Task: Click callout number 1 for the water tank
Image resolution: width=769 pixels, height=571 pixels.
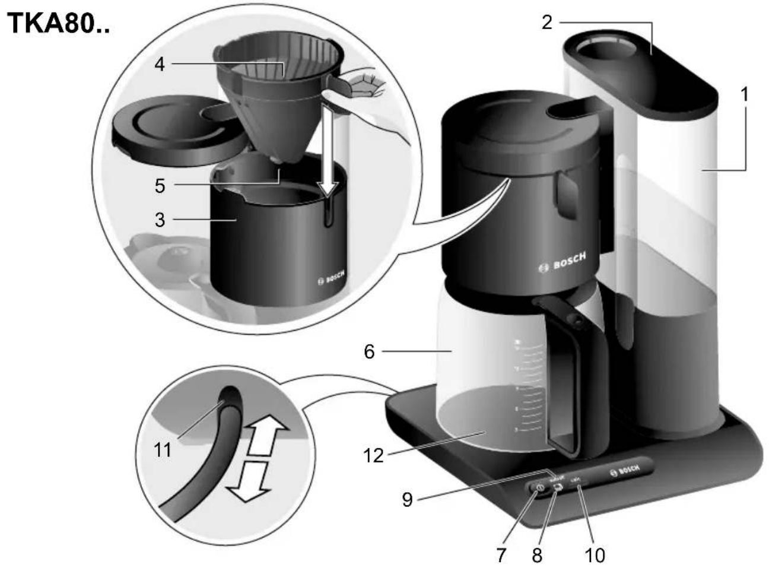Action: click(x=743, y=94)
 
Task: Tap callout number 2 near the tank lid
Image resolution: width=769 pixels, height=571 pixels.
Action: click(x=546, y=22)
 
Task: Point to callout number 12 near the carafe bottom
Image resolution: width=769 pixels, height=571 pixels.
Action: click(x=374, y=456)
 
